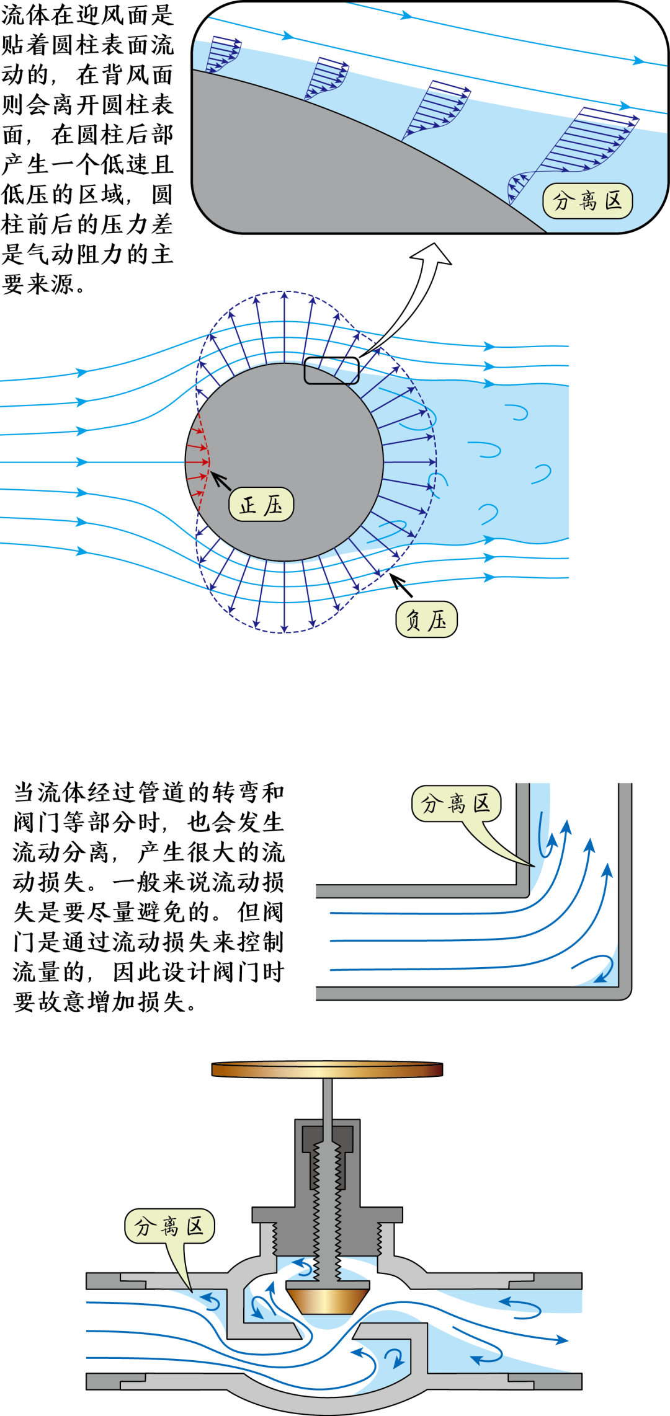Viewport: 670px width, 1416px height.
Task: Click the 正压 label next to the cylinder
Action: pos(261,505)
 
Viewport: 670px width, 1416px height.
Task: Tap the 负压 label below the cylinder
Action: pos(426,619)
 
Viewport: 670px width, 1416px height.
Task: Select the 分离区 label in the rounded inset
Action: pos(587,201)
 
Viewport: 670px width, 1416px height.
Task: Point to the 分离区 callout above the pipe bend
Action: pos(456,803)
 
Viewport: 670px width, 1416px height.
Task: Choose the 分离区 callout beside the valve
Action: pos(169,1226)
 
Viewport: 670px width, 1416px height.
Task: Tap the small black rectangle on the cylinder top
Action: pos(331,371)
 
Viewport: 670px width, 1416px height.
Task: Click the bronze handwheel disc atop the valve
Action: pos(327,1069)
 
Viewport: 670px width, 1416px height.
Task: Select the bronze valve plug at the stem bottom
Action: pos(327,1299)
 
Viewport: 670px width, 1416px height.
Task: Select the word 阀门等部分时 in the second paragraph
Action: pos(87,823)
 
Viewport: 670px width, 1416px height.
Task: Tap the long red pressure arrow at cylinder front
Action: pos(197,462)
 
